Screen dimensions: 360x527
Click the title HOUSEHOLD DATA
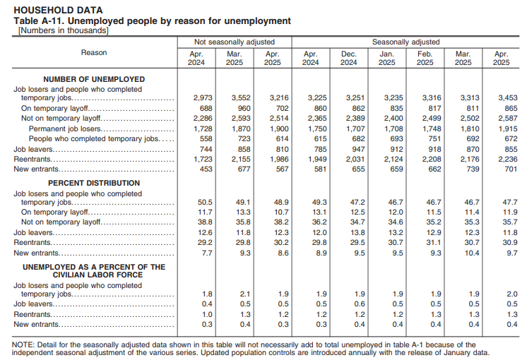click(58, 11)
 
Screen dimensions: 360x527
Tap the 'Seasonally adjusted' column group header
click(405, 42)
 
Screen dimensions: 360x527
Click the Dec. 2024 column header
click(349, 58)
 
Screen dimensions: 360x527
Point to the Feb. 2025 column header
click(425, 58)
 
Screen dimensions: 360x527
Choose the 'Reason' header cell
click(94, 53)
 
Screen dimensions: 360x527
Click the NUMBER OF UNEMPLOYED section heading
click(94, 80)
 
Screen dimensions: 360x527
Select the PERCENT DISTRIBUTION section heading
click(94, 183)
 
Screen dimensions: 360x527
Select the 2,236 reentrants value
click(501, 160)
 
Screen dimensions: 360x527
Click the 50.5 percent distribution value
click(204, 202)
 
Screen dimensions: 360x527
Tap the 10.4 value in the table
click(463, 252)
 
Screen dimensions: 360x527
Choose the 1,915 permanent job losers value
click(501, 130)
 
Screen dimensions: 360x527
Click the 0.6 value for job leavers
click(349, 304)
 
